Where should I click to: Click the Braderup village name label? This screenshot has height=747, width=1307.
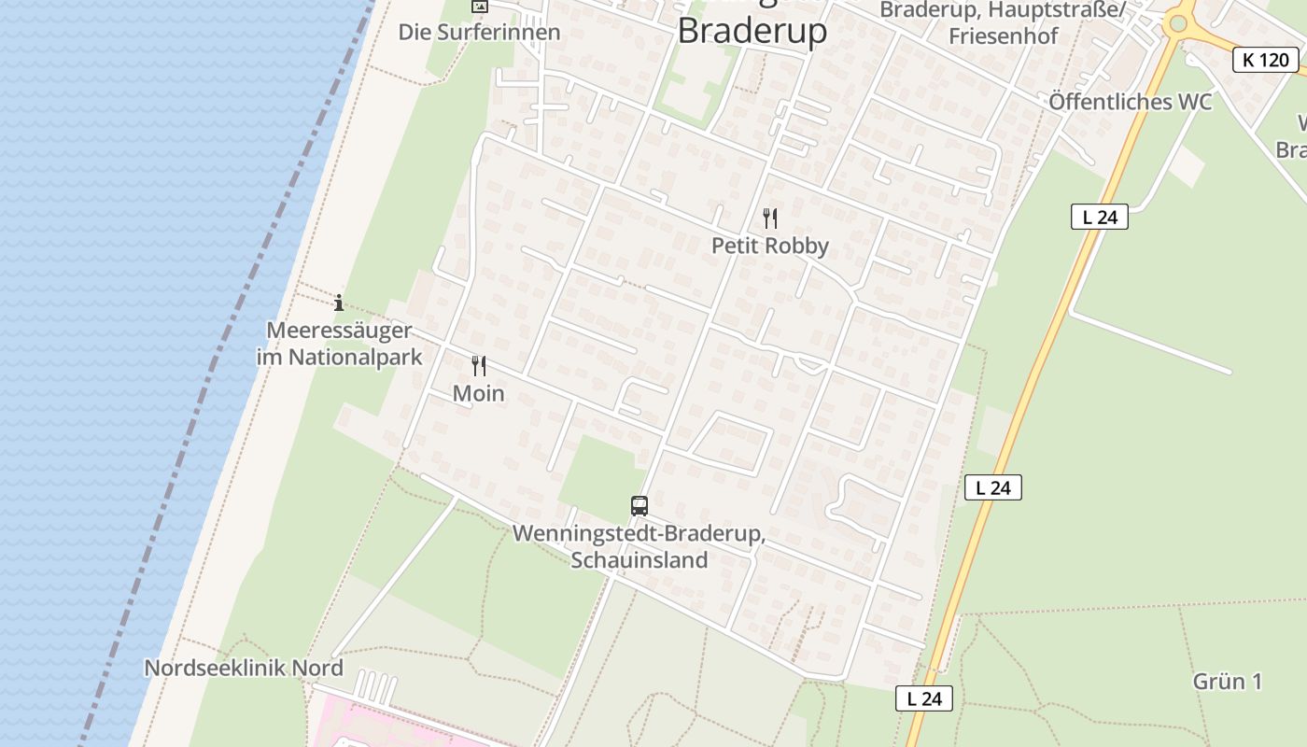(752, 31)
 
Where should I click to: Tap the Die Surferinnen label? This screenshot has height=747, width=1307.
(479, 33)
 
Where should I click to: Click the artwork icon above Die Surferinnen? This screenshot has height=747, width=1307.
(479, 6)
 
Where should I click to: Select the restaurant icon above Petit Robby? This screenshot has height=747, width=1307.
(770, 218)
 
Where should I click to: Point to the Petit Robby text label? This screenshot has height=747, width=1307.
(770, 246)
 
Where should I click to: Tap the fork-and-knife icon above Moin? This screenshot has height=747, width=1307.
(479, 366)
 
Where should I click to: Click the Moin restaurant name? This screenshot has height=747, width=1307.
(478, 393)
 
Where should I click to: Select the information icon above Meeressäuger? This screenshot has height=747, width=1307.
(339, 303)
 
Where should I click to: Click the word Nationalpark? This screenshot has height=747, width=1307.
(355, 357)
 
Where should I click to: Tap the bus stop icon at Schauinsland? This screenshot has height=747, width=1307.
(639, 506)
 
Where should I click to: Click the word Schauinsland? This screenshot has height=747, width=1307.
(639, 560)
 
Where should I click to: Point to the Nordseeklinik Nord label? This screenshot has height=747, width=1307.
(244, 669)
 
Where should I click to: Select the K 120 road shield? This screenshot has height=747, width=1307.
(1265, 61)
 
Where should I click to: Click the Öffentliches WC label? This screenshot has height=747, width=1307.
(1130, 102)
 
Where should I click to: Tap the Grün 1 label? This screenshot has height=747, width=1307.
(1227, 682)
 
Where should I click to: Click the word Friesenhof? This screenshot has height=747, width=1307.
(1004, 35)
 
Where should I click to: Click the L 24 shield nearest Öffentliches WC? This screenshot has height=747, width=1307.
(1099, 218)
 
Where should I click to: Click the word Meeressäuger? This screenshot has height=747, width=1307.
(339, 331)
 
